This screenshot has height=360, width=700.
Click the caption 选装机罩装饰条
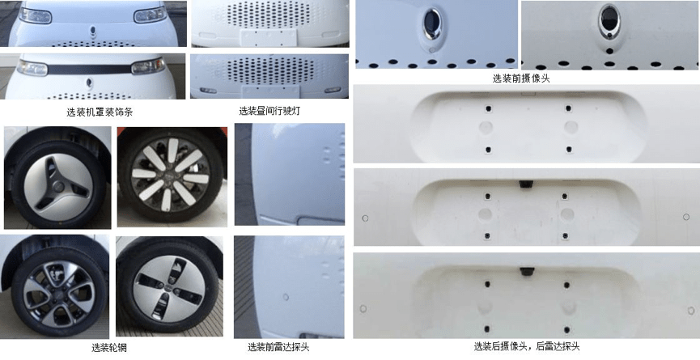[x=100, y=112]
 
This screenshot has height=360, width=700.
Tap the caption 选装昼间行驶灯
[x=269, y=111]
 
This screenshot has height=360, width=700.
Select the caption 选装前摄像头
[x=521, y=78]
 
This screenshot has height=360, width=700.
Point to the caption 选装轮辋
[x=106, y=347]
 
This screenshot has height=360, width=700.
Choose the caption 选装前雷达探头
[x=278, y=346]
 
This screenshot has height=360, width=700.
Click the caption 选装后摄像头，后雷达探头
[x=527, y=345]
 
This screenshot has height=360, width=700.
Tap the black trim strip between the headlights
[x=89, y=69]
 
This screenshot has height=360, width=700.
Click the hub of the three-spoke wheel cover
[x=58, y=186]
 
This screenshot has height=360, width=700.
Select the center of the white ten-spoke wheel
[x=171, y=175]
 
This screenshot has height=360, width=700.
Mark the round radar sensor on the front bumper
[x=286, y=297]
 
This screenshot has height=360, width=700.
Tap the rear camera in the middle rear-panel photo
[x=525, y=184]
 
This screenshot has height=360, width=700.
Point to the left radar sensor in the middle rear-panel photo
[x=365, y=218]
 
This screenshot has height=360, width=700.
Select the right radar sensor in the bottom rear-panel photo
[x=691, y=311]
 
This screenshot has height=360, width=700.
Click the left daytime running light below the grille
[x=208, y=90]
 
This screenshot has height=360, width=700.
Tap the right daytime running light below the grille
[x=333, y=90]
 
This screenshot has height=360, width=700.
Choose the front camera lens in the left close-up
[x=431, y=20]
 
